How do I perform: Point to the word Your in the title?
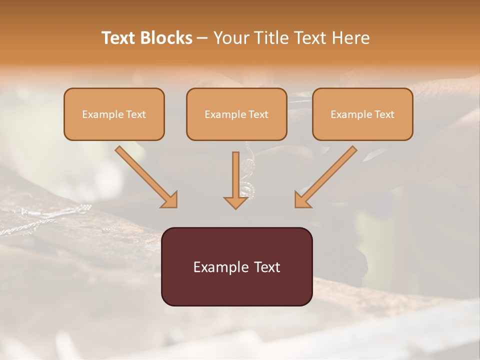tap(229, 38)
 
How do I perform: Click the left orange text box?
tap(114, 114)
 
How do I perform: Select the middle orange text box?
tap(236, 114)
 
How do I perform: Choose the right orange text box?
tap(362, 114)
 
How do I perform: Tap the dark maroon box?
tap(236, 266)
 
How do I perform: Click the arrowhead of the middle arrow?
tap(236, 202)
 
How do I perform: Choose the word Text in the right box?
tap(384, 114)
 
